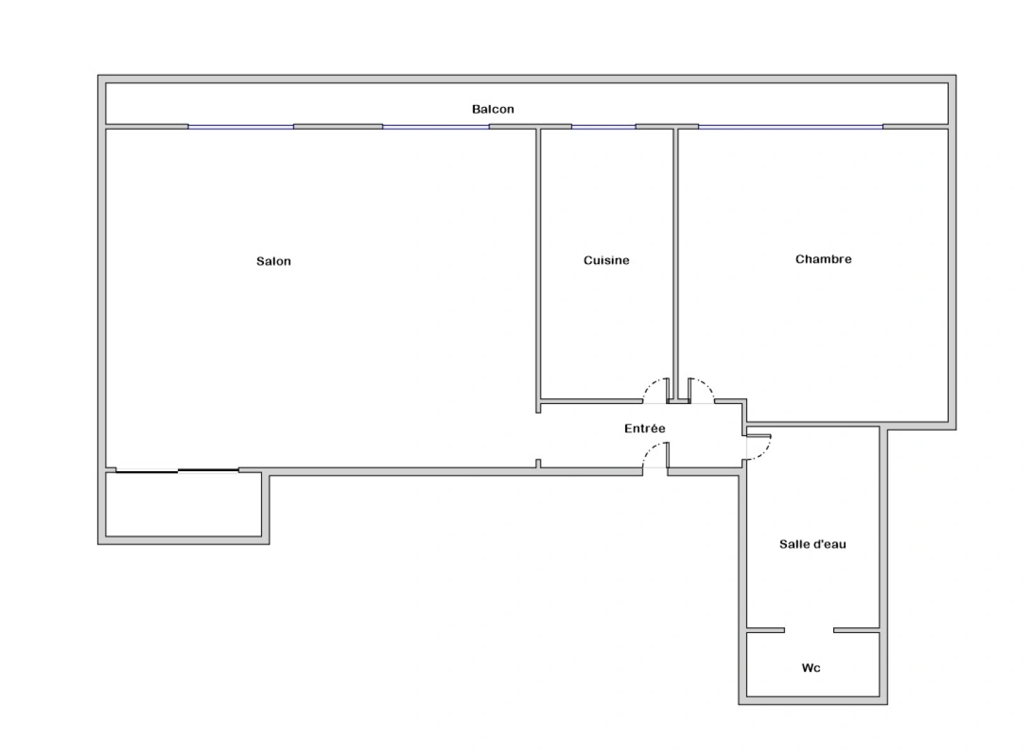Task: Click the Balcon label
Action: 493,109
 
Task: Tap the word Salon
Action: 273,261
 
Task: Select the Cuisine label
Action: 606,260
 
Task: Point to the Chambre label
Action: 823,259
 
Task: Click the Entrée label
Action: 645,428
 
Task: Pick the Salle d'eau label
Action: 812,544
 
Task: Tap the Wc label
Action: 811,668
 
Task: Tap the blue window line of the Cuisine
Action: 604,127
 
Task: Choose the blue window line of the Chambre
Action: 791,127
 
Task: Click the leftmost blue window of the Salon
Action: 240,127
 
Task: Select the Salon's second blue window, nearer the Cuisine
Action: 436,127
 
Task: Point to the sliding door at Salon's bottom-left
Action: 177,470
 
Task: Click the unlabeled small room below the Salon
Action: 183,505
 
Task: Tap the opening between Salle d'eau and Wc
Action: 809,630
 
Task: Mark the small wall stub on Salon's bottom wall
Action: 538,463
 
